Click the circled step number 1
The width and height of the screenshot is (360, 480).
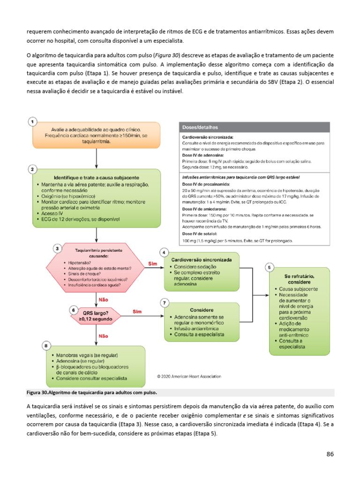pyautogui.click(x=32, y=122)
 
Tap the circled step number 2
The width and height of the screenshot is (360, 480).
pyautogui.click(x=32, y=169)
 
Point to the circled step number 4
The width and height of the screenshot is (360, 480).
pyautogui.click(x=164, y=252)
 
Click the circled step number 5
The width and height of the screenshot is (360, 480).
pyautogui.click(x=269, y=268)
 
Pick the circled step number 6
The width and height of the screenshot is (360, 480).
pyautogui.click(x=73, y=310)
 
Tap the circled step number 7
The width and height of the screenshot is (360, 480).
pyautogui.click(x=164, y=303)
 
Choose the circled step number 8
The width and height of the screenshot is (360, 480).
pyautogui.click(x=46, y=346)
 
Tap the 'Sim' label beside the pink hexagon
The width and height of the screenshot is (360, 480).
pyautogui.click(x=152, y=264)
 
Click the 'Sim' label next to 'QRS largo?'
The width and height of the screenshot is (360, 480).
pyautogui.click(x=137, y=311)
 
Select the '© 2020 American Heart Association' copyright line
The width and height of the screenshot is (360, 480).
pyautogui.click(x=189, y=376)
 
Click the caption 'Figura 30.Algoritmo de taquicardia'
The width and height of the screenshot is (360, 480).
pyautogui.click(x=91, y=392)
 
